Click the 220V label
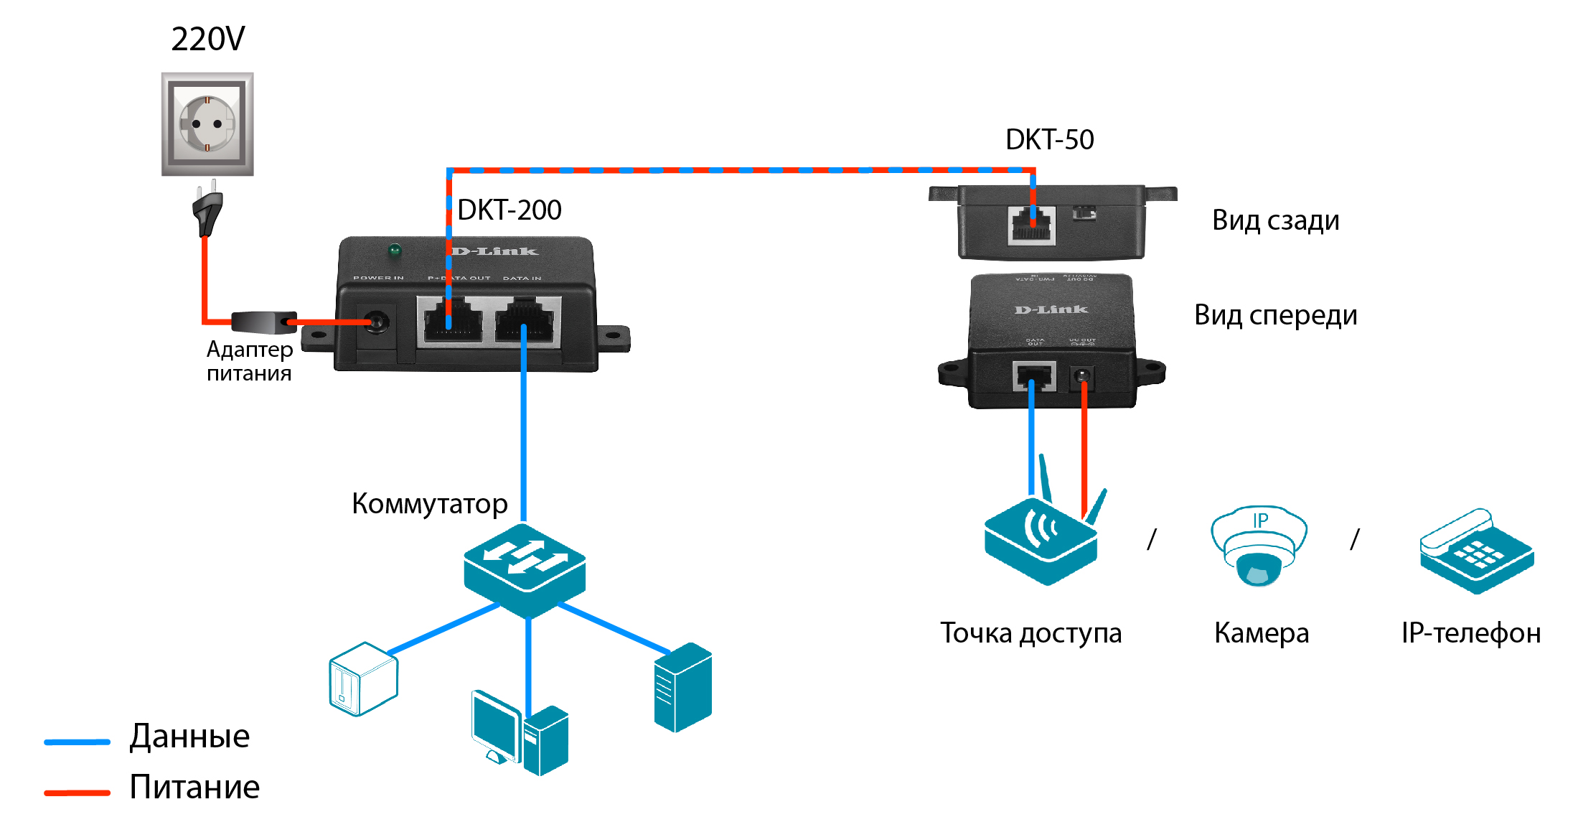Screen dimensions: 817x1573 click(x=208, y=39)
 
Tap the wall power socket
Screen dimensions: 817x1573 click(x=207, y=123)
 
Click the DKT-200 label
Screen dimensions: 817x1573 click(x=509, y=210)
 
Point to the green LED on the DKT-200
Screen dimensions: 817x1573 click(x=394, y=251)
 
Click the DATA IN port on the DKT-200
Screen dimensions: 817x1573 click(x=527, y=321)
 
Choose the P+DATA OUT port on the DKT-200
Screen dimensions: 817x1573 click(x=453, y=321)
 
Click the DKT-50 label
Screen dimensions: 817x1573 click(x=1049, y=139)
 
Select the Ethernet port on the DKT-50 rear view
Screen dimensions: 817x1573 click(x=1031, y=225)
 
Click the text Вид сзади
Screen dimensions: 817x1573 click(x=1275, y=220)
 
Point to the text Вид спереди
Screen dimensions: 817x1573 click(x=1275, y=315)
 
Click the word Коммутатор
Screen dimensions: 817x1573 click(x=429, y=504)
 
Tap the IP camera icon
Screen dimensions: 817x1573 click(x=1259, y=546)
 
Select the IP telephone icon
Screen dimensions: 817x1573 click(x=1476, y=551)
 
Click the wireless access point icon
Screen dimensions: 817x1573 click(x=1041, y=542)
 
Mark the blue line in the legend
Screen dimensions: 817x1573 click(x=77, y=742)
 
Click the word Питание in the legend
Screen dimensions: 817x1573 click(x=194, y=787)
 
